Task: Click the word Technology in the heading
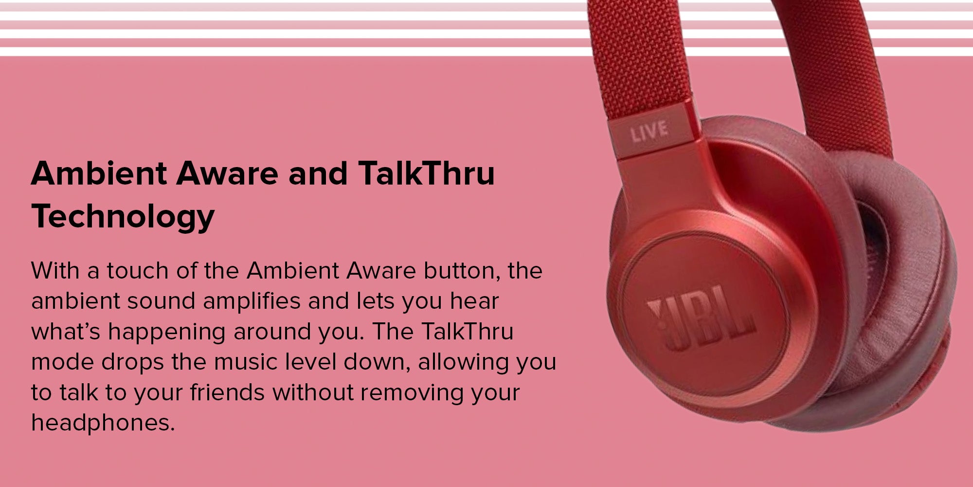pos(123,217)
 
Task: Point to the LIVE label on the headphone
pos(649,131)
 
